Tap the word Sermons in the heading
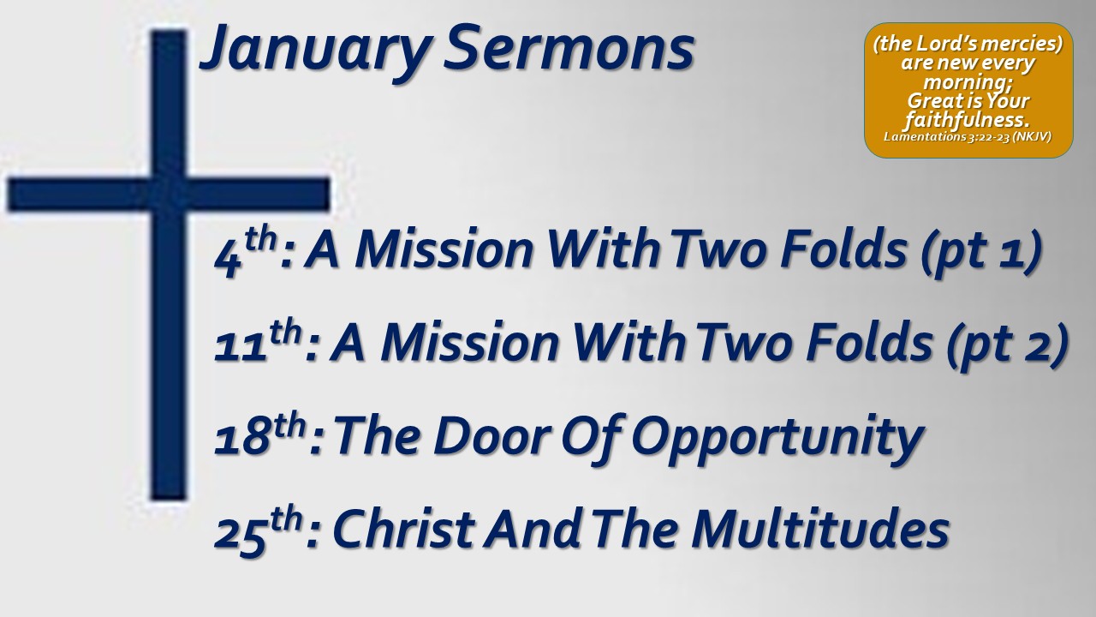coord(569,48)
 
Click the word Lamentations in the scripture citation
coord(925,136)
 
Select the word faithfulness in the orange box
coord(967,120)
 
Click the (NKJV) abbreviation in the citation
coord(1032,136)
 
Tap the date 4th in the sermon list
coord(246,253)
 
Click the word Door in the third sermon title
coord(491,436)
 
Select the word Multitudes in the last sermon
coord(820,529)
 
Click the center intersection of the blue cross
coord(169,195)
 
